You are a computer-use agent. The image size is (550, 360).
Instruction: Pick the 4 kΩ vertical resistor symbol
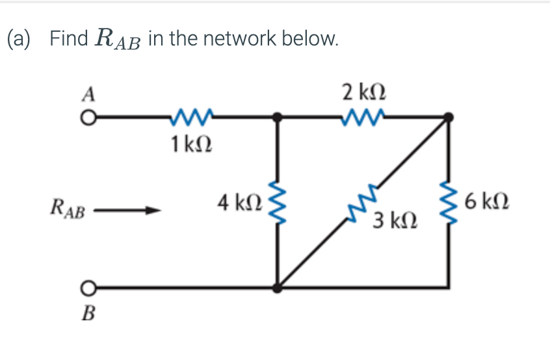[x=278, y=201]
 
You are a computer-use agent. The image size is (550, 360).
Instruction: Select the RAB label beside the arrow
[x=67, y=210]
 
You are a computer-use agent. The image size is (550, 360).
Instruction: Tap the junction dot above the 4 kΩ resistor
[x=278, y=118]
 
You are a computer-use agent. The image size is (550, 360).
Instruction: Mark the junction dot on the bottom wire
[x=278, y=287]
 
